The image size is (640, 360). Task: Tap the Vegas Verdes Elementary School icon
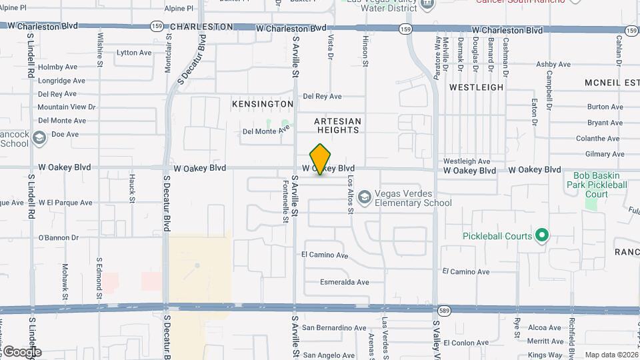pos(364,197)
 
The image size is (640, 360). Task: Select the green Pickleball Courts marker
pos(542,235)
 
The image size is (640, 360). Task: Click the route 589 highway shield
pos(443,310)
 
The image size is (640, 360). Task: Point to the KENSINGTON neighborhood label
pos(262,105)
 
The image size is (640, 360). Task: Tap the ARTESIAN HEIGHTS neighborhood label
pos(338,125)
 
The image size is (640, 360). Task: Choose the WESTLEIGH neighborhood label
pos(476,87)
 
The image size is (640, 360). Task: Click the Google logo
pos(21,351)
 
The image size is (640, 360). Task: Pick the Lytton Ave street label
pos(135,53)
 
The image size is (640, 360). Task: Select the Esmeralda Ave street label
pos(344,282)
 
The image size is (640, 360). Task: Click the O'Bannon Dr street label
pos(58,237)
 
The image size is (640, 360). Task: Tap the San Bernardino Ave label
pos(334,328)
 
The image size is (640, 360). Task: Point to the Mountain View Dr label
pos(67,107)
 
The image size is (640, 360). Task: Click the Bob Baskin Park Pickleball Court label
pos(597,185)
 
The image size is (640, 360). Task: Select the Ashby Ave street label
pos(553,65)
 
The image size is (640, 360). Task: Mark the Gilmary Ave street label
pos(603,154)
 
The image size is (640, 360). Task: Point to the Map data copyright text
pos(610,355)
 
